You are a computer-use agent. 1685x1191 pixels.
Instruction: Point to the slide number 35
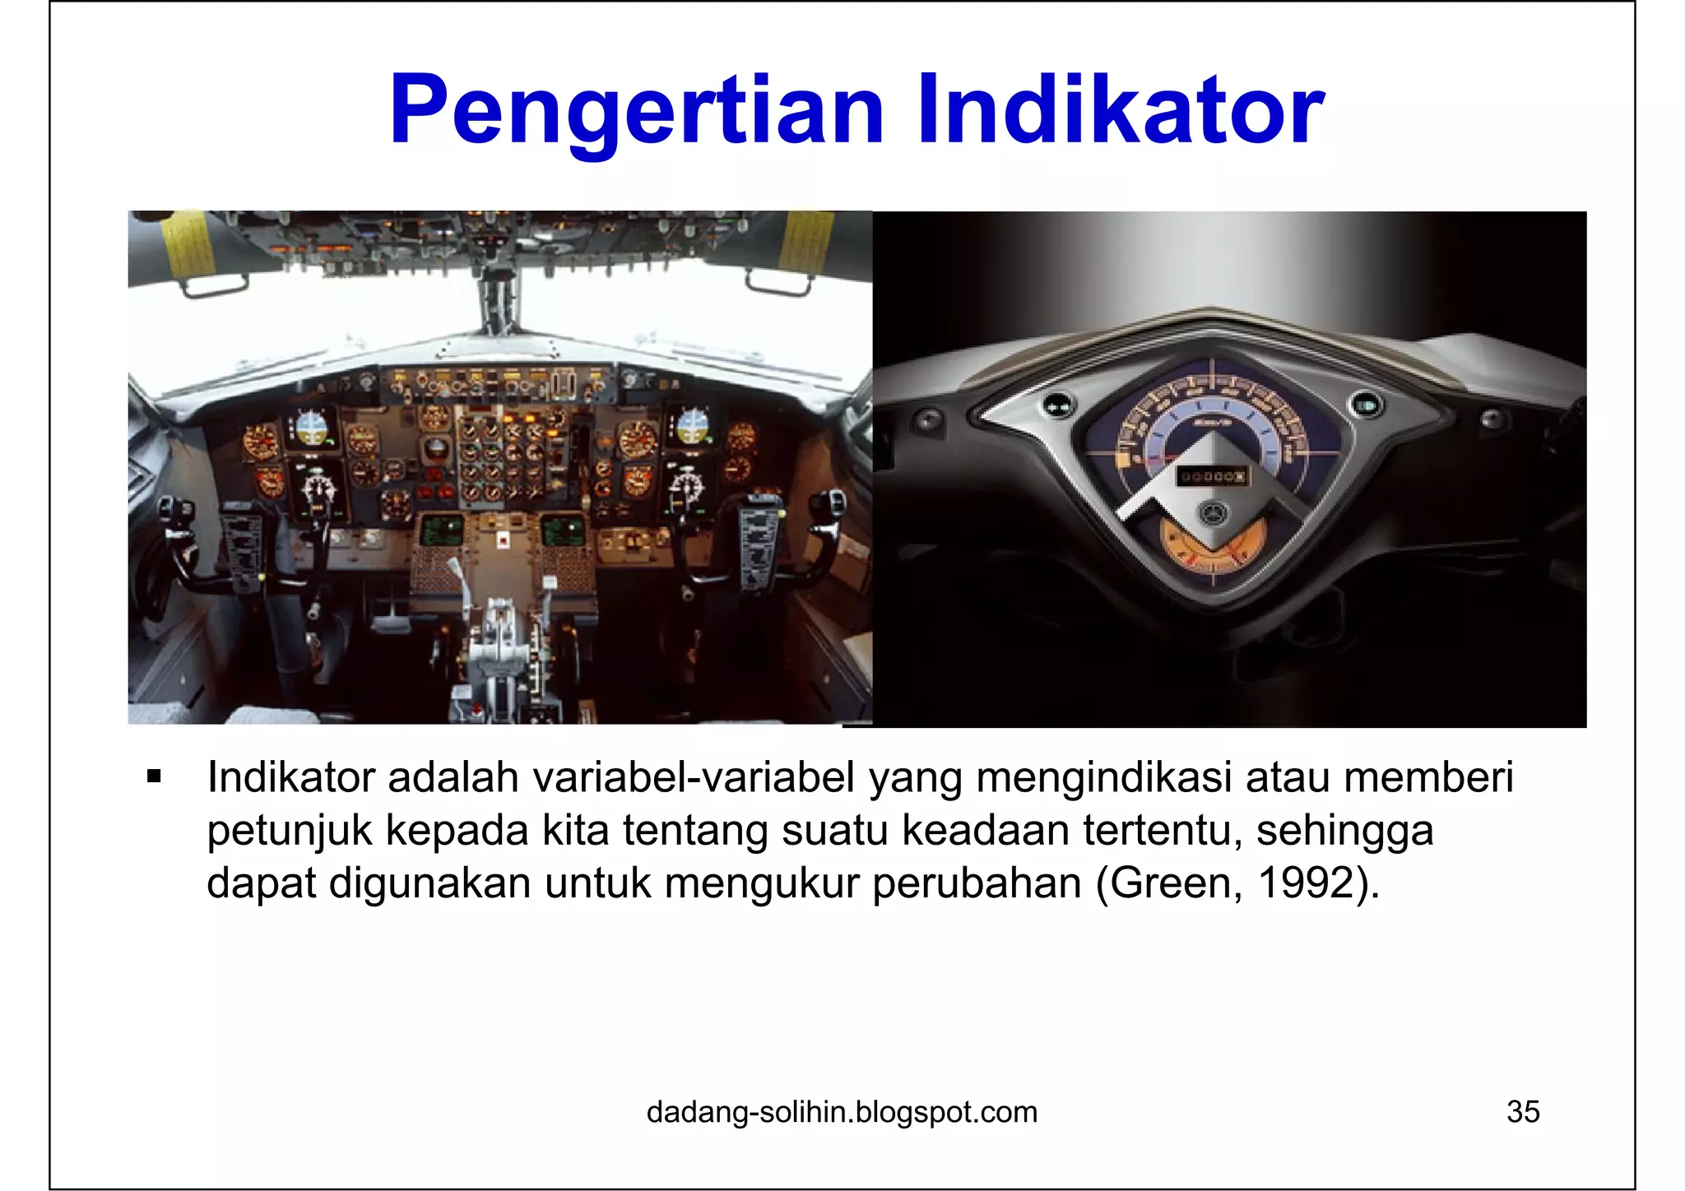point(1523,1112)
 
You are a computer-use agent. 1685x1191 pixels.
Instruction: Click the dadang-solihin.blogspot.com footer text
point(842,1112)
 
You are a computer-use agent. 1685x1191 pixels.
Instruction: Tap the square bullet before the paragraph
point(154,776)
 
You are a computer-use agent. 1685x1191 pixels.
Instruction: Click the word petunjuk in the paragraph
point(290,831)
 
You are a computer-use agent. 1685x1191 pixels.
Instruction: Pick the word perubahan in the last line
point(977,883)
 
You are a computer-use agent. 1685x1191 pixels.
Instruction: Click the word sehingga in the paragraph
point(1344,831)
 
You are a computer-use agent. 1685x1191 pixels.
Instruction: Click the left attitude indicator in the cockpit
point(311,427)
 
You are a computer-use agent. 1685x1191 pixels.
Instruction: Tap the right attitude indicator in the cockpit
point(691,426)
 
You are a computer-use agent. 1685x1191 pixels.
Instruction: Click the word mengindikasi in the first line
point(1103,777)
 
